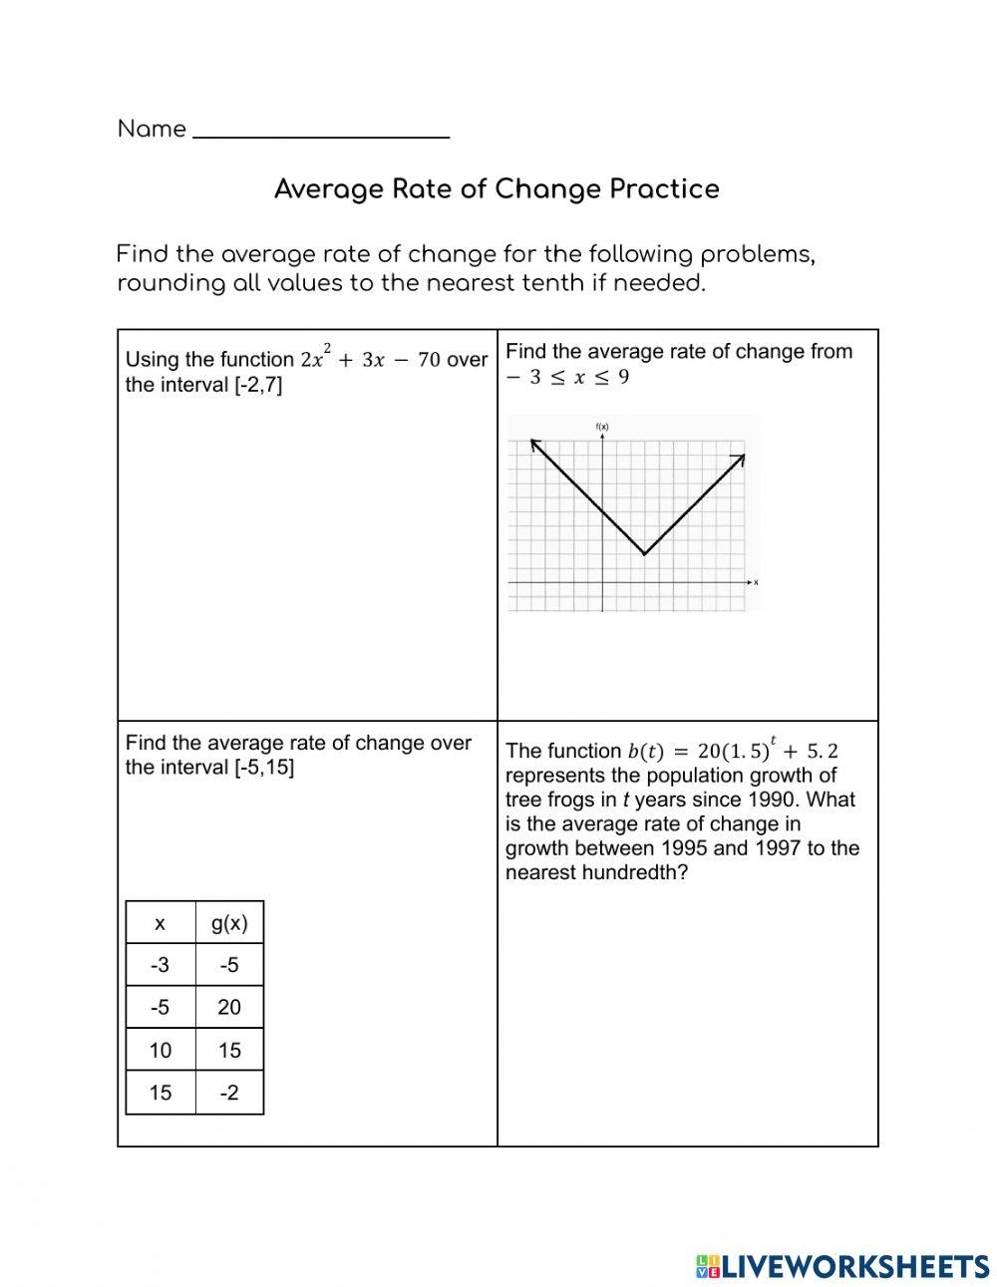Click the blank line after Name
pyautogui.click(x=320, y=133)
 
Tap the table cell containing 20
pyautogui.click(x=229, y=1007)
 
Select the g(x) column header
pyautogui.click(x=229, y=923)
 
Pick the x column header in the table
pyautogui.click(x=161, y=923)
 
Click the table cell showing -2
pyautogui.click(x=229, y=1093)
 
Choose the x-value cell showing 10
pyautogui.click(x=161, y=1050)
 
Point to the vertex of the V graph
pyautogui.click(x=645, y=554)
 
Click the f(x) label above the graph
pyautogui.click(x=602, y=427)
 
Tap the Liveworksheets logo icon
pyautogui.click(x=708, y=1266)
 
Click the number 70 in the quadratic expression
pyautogui.click(x=429, y=360)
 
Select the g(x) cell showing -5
pyautogui.click(x=229, y=965)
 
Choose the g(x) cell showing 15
pyautogui.click(x=229, y=1050)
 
